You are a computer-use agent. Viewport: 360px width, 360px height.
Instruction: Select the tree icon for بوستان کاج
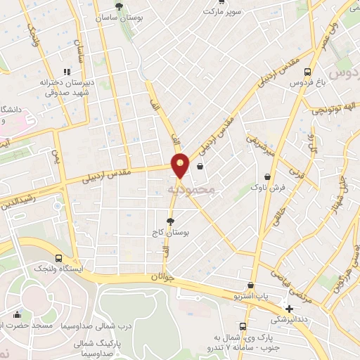[169, 221]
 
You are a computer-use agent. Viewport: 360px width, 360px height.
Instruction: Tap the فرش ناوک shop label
[267, 188]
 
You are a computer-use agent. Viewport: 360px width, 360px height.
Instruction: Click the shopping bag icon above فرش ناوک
[267, 177]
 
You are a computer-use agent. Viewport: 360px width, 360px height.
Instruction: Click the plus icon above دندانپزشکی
[289, 309]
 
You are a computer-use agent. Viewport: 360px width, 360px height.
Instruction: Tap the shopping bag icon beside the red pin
[201, 167]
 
